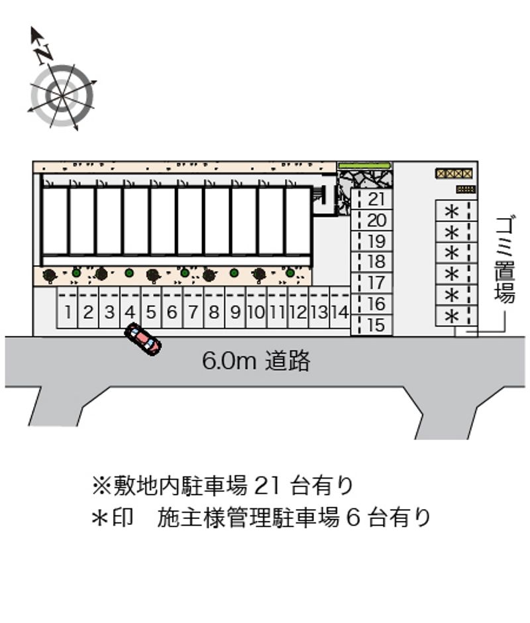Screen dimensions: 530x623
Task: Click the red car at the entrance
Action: (143, 339)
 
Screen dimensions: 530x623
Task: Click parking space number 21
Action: (372, 199)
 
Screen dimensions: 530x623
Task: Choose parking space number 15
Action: (372, 325)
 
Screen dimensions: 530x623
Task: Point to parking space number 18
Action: (372, 262)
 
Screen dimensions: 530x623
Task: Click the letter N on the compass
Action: (44, 53)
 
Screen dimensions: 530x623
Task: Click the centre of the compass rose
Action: (62, 95)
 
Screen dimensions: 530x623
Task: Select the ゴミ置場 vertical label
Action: (505, 259)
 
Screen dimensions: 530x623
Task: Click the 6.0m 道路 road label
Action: (256, 361)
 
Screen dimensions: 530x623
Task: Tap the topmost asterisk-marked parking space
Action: (456, 211)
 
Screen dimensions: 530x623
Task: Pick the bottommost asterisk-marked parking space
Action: (456, 316)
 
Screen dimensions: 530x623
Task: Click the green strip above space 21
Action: (364, 165)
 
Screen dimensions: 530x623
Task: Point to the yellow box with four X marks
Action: (454, 173)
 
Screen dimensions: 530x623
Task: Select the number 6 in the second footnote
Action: (353, 518)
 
